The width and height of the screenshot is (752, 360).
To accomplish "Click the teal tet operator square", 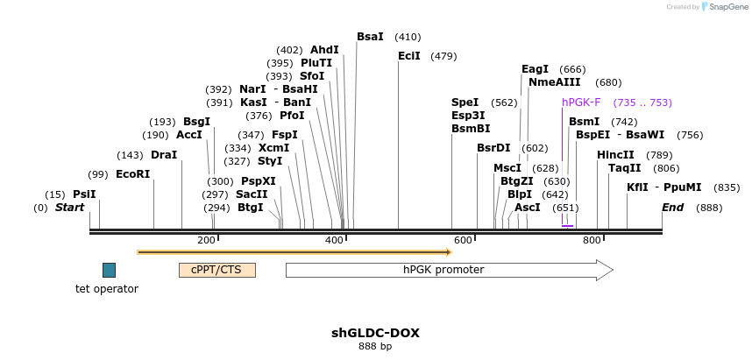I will click(109, 270).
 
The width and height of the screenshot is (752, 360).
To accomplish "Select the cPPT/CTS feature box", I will click(216, 270).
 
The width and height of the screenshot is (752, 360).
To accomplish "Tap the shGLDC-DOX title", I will click(375, 333).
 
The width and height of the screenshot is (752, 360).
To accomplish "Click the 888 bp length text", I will click(375, 347).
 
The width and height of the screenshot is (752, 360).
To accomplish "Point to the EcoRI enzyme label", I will click(133, 174).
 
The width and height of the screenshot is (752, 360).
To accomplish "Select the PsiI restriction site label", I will click(84, 194).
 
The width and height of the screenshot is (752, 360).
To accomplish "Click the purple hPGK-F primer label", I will click(581, 102).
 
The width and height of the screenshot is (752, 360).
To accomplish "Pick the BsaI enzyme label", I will click(370, 37).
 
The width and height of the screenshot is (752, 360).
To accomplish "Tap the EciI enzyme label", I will click(409, 56).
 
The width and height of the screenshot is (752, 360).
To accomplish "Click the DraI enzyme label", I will click(164, 155).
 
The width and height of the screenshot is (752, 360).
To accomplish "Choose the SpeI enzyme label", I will click(465, 102).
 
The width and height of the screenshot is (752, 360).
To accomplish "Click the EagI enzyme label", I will click(535, 69).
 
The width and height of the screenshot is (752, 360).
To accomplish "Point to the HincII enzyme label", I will click(615, 155).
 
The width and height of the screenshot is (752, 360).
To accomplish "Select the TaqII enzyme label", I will click(625, 168).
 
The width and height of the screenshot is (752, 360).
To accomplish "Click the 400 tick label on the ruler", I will click(335, 240).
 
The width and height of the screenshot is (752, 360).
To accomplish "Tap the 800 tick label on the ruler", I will click(592, 240).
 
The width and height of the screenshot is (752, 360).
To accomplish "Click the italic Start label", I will click(70, 208).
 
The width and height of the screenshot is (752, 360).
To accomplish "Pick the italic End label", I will click(672, 208).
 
